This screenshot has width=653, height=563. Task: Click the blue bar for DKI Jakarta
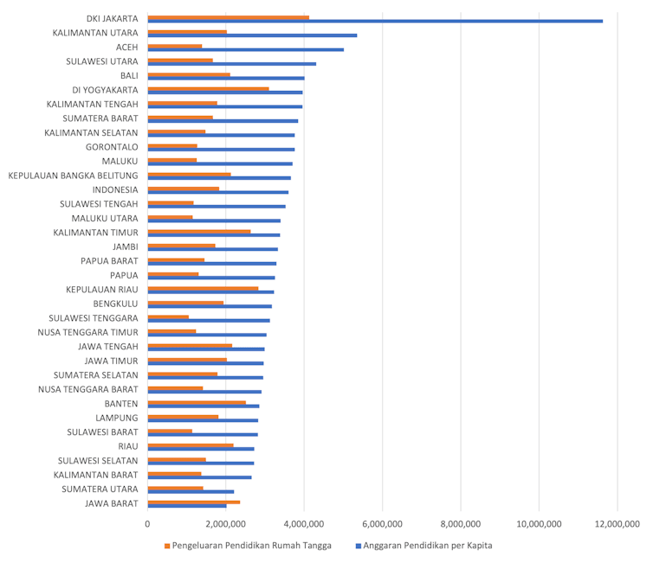375,21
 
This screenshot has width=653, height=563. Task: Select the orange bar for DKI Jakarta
229,16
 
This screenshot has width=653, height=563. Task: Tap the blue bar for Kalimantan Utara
252,35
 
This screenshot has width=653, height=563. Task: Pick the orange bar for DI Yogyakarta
208,88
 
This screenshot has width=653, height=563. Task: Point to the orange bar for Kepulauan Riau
203,288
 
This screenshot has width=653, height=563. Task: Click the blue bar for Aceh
246,49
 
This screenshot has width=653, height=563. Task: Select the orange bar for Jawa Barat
194,502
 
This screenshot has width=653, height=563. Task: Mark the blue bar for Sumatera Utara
191,491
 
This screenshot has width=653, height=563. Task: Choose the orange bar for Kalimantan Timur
199,231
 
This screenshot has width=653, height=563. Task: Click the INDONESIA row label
115,190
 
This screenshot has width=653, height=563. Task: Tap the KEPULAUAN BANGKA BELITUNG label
74,176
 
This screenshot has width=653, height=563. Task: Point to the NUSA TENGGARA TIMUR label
88,332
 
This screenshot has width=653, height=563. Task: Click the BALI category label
130,76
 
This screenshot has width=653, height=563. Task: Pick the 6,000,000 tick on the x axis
383,523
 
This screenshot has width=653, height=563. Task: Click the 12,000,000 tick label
617,523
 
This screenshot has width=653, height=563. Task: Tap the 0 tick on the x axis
148,523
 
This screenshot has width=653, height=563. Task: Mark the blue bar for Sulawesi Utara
232,64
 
